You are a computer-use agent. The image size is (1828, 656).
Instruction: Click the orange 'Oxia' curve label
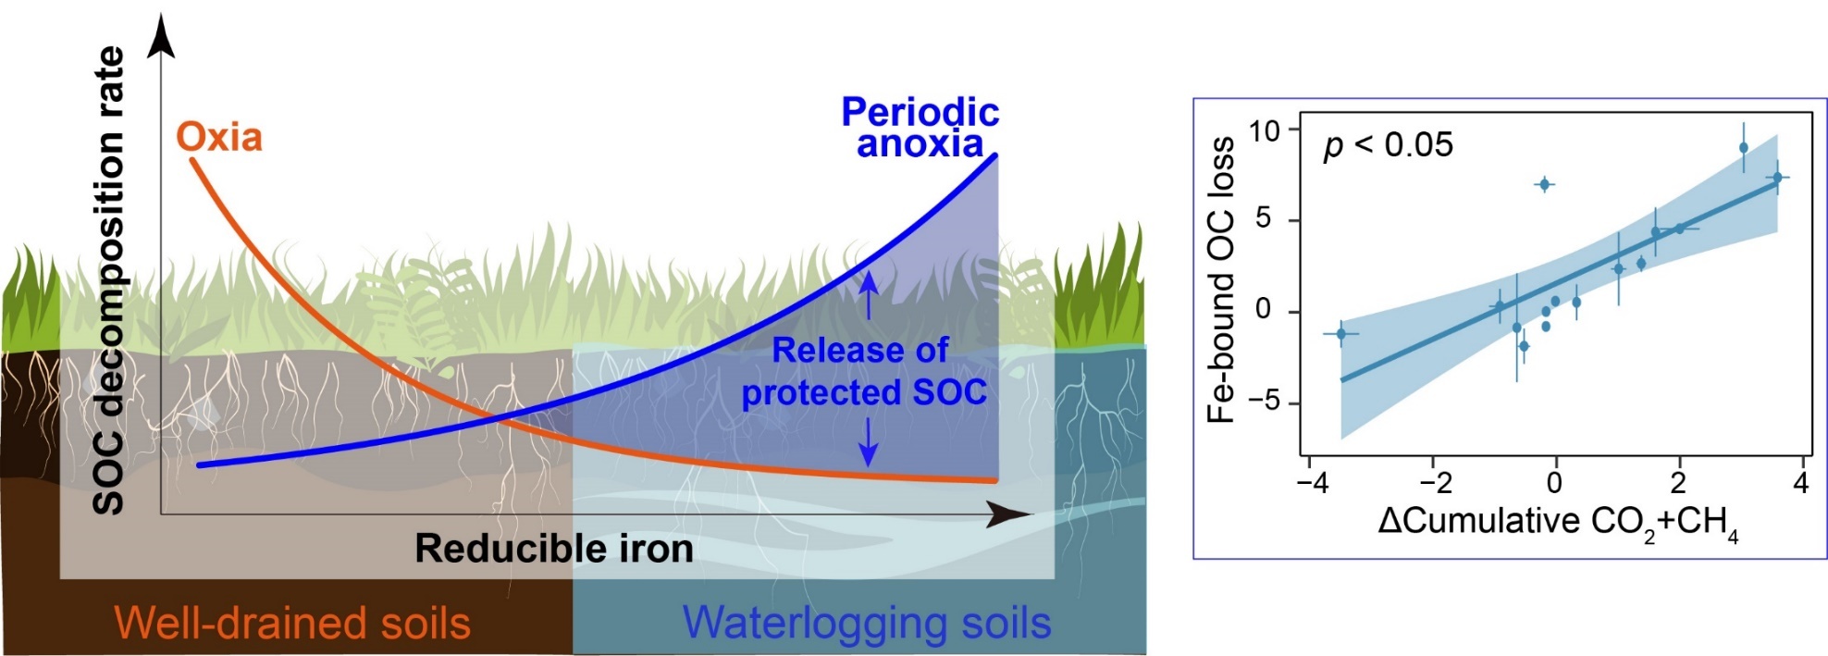[219, 137]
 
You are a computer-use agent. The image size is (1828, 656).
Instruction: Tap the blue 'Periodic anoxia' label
[920, 128]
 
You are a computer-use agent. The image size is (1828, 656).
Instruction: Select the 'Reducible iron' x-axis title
[553, 549]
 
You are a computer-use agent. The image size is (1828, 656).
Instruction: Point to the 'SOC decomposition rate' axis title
[109, 279]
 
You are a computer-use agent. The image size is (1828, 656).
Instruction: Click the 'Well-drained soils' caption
[292, 623]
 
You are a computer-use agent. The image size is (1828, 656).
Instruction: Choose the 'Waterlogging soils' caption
[867, 623]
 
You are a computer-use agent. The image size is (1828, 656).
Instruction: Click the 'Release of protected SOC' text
[863, 372]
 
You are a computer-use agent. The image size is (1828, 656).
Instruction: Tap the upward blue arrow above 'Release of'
[868, 294]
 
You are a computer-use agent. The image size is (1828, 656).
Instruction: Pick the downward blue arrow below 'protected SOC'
[868, 444]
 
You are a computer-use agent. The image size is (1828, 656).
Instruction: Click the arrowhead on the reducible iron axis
[1008, 514]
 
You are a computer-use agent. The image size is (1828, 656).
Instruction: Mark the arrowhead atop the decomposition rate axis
[162, 37]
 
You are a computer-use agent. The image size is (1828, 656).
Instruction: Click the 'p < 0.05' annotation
[1388, 145]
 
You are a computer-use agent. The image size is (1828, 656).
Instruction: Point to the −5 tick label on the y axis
[1264, 401]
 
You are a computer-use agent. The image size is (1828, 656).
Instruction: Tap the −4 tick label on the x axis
[1313, 483]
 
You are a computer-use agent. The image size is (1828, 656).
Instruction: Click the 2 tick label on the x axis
[1678, 483]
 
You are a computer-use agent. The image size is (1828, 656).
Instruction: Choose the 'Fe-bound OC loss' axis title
[1221, 279]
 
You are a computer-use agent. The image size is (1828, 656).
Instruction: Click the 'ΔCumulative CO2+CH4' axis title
[1558, 523]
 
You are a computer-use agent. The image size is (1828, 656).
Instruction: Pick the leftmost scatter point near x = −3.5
[1340, 334]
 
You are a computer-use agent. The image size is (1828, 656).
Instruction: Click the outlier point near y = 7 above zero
[1544, 185]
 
